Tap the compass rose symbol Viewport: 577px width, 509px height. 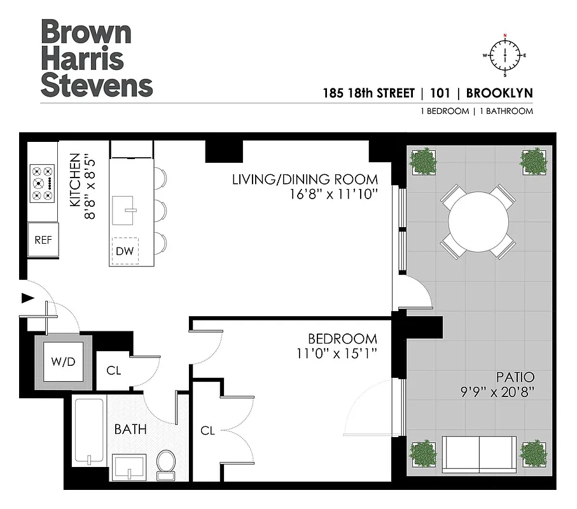(x=506, y=55)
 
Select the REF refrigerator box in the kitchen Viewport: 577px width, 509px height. (x=43, y=240)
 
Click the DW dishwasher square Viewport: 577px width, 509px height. (x=125, y=251)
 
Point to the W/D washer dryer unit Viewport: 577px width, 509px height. (x=63, y=362)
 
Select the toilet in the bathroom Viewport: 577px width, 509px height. (x=166, y=463)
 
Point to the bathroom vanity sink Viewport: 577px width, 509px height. (x=129, y=468)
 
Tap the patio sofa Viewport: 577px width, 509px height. (x=479, y=454)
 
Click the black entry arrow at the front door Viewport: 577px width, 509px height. (x=27, y=298)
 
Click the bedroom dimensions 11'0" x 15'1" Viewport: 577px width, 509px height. (x=342, y=354)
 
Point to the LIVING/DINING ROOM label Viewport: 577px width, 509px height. (x=305, y=179)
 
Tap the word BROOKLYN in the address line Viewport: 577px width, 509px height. (x=499, y=94)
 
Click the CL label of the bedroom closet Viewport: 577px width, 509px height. (x=207, y=431)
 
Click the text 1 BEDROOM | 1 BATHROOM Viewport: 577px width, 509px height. (x=476, y=111)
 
